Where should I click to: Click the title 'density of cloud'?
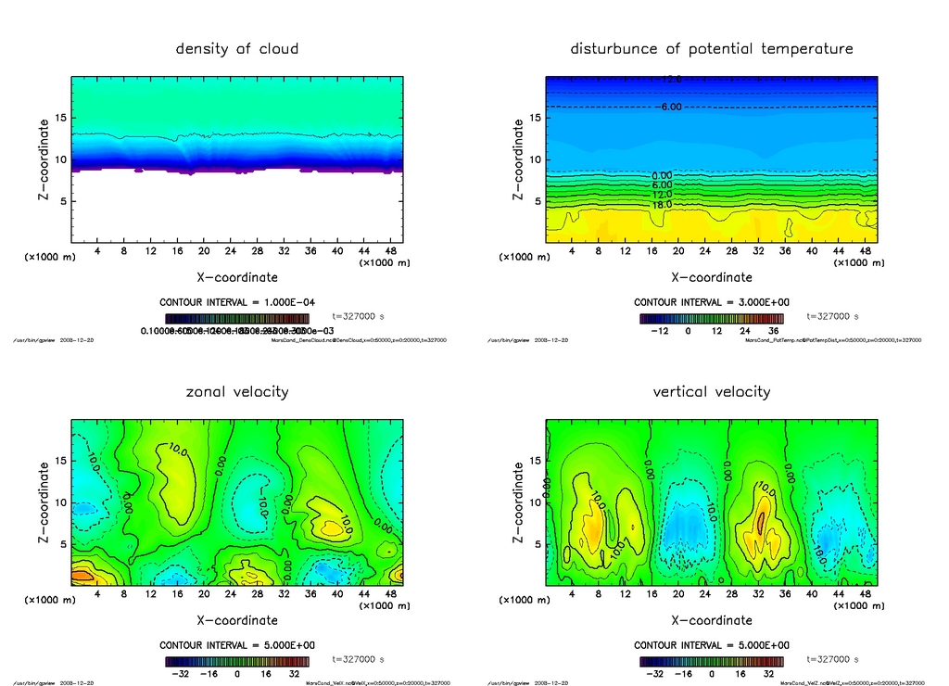click(237, 48)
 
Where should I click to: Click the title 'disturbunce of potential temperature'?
click(712, 48)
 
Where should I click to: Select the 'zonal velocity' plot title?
click(237, 391)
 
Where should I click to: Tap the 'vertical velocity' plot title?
click(712, 391)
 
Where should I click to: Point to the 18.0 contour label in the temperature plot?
click(662, 204)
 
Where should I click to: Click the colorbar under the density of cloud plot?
click(237, 318)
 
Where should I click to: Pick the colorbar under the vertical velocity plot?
click(712, 662)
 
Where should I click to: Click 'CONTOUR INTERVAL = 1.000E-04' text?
click(237, 302)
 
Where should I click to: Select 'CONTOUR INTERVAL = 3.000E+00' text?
click(712, 302)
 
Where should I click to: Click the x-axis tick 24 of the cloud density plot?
click(230, 251)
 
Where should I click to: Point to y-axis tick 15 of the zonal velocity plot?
click(64, 461)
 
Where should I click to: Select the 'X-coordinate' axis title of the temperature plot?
click(712, 276)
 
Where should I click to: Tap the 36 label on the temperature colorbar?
click(771, 330)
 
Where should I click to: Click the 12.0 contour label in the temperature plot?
click(662, 195)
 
